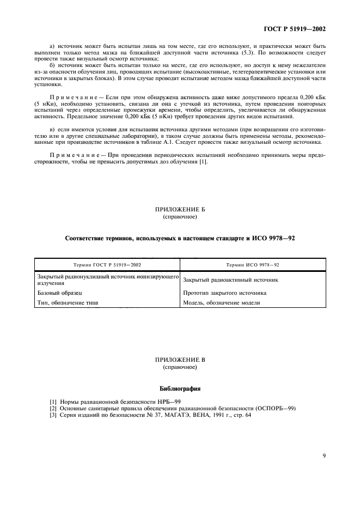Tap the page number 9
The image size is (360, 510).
click(324, 456)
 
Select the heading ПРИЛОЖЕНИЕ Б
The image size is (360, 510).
click(180, 209)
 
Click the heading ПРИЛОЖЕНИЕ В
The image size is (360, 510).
click(180, 360)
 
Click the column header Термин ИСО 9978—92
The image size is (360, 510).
click(253, 264)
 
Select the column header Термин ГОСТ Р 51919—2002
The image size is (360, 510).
click(107, 264)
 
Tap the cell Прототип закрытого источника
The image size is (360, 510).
click(225, 293)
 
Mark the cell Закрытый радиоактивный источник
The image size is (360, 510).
click(231, 280)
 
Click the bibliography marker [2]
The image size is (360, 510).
click(53, 409)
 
